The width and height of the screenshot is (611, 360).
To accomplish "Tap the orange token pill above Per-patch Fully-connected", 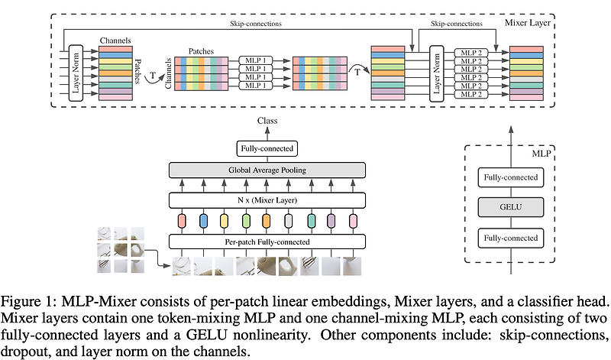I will click(266, 221).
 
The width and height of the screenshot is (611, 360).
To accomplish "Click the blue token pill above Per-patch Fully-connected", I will click(203, 221).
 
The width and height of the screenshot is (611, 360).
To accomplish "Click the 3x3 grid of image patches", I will click(121, 248).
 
